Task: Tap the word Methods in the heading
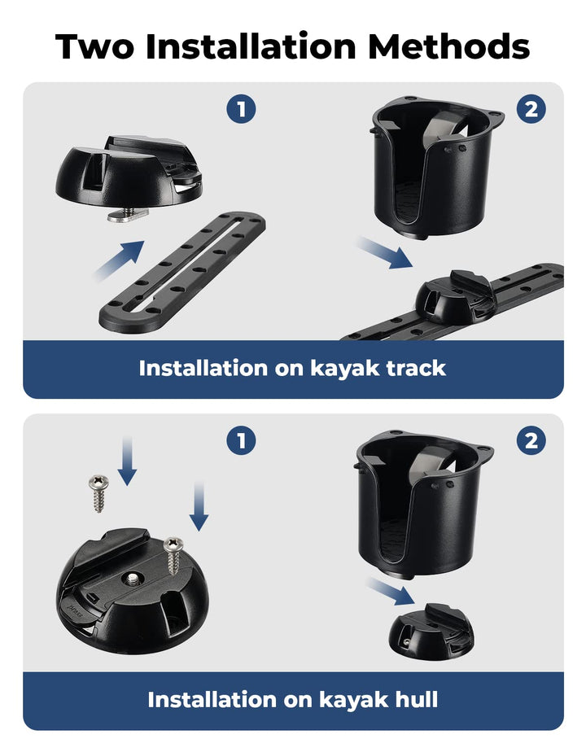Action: click(448, 47)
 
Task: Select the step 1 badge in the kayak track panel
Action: click(241, 108)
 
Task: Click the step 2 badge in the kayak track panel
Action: click(531, 108)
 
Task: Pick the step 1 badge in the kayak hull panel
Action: click(241, 440)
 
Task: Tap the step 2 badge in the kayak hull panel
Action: click(531, 440)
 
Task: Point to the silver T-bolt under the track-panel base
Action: click(123, 214)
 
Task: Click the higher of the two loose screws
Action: click(98, 494)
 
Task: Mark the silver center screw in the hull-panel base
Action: click(129, 578)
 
